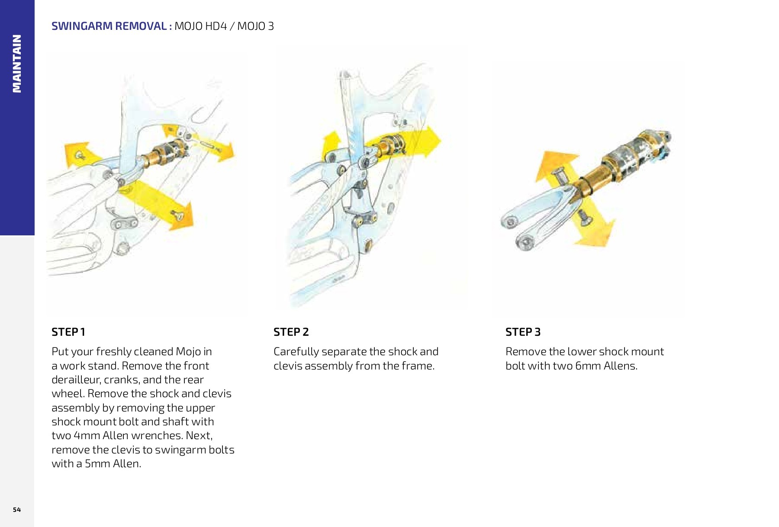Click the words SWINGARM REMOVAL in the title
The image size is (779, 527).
point(109,26)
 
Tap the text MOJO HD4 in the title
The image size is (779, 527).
point(200,26)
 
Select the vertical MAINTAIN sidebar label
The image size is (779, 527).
point(17,64)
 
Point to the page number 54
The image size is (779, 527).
point(17,509)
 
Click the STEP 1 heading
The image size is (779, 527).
point(68,332)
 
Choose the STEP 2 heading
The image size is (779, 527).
point(291,332)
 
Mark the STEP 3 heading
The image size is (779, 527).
point(523,332)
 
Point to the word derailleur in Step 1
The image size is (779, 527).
point(76,379)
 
